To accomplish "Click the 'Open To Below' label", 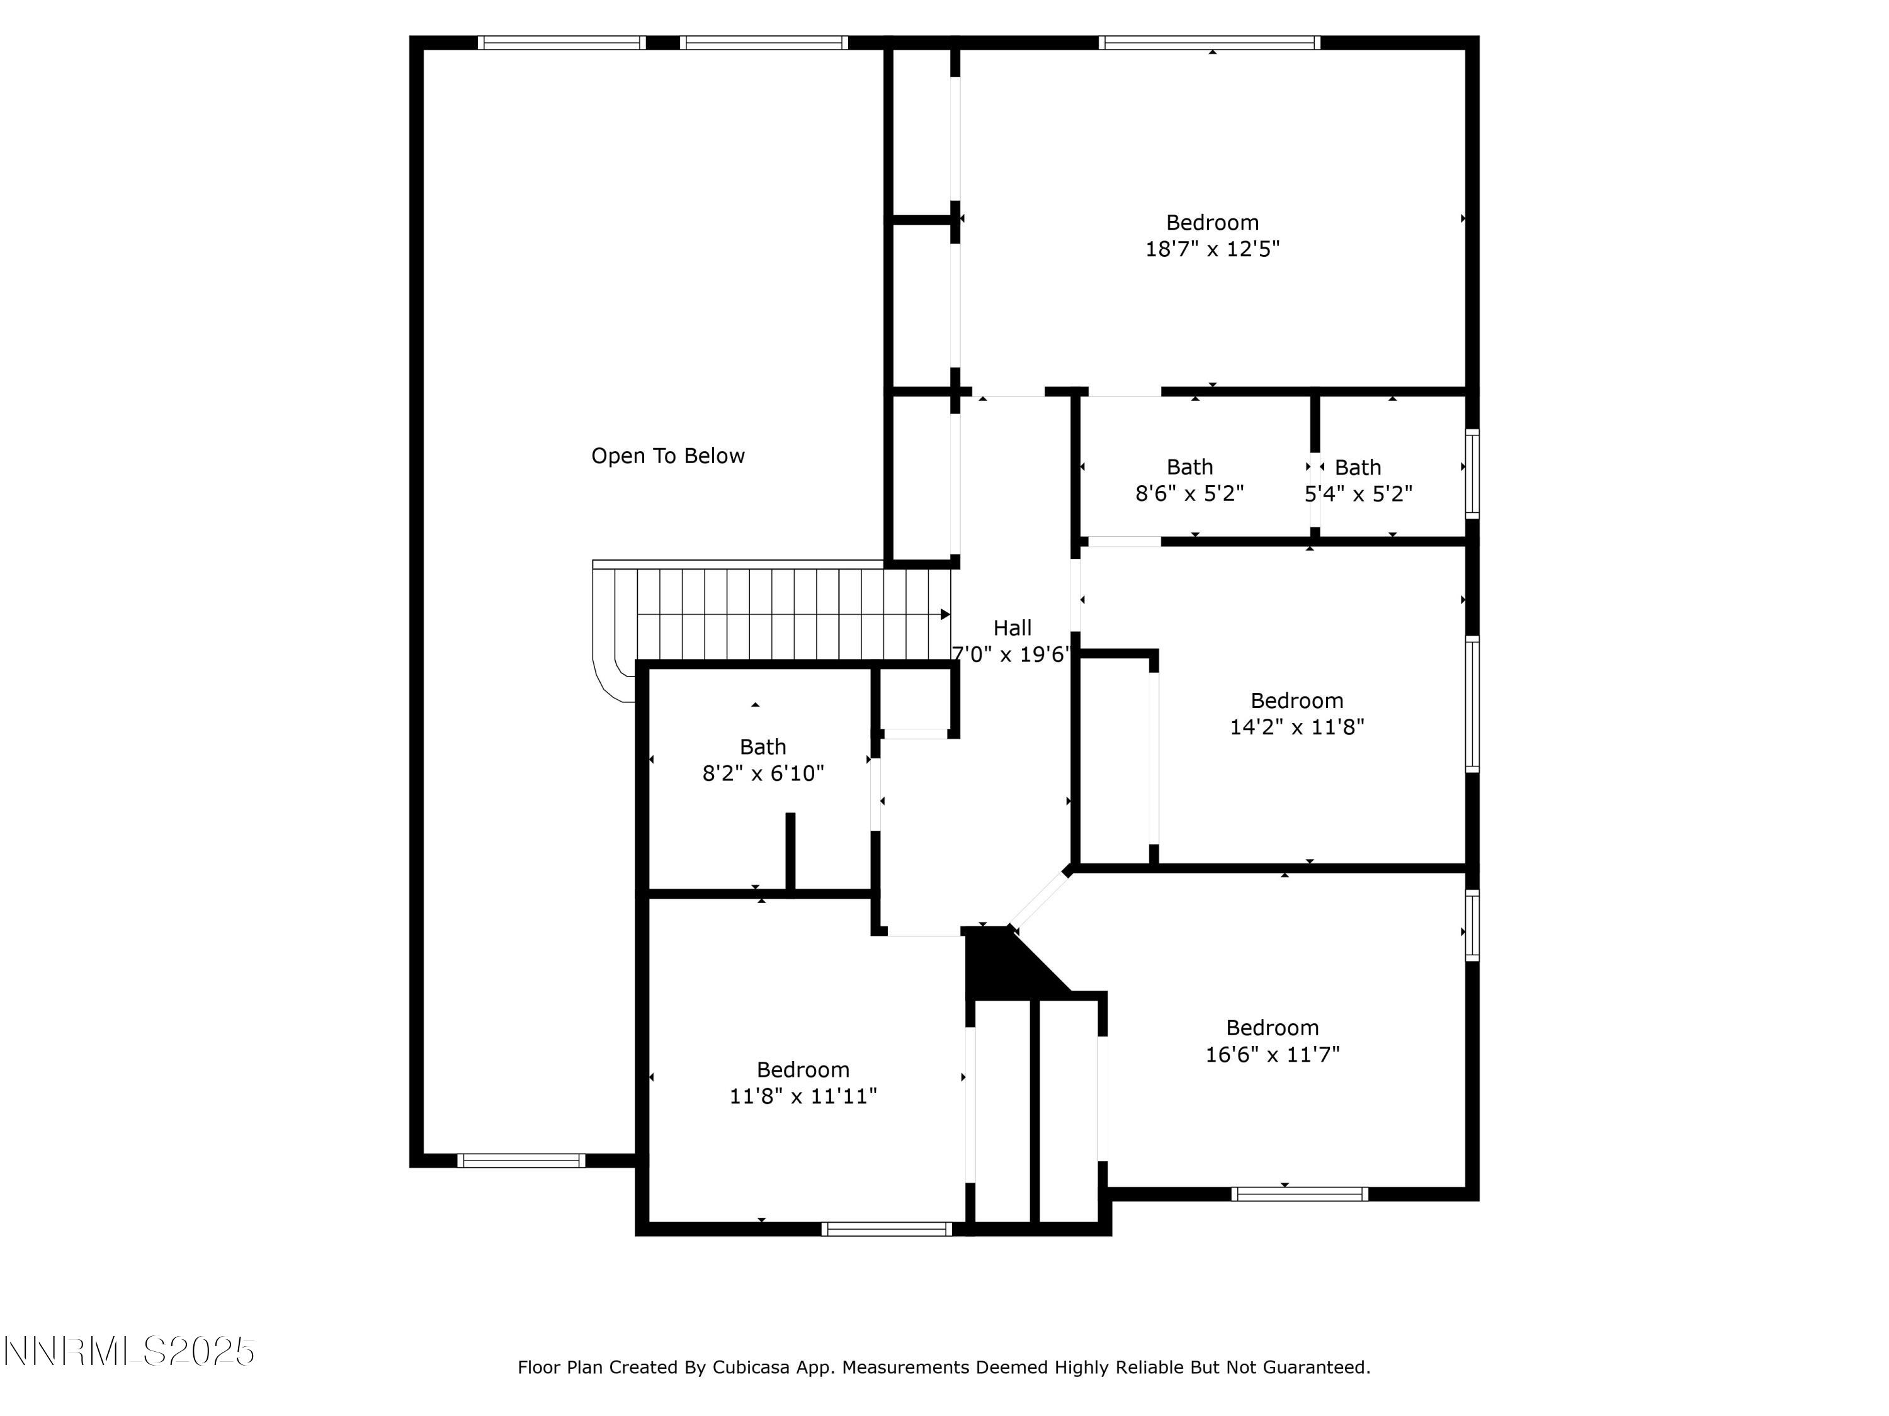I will click(668, 456).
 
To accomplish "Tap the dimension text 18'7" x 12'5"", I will click(1212, 249).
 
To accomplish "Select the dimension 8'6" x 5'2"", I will click(1189, 494).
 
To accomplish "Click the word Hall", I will click(1012, 628).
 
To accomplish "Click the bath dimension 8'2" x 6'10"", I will click(763, 774).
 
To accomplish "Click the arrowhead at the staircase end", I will click(945, 614).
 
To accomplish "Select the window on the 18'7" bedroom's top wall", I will click(1209, 43).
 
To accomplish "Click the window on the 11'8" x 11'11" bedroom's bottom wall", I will click(887, 1229).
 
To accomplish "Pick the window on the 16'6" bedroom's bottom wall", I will click(1300, 1194).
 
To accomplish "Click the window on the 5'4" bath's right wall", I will click(1472, 474).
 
